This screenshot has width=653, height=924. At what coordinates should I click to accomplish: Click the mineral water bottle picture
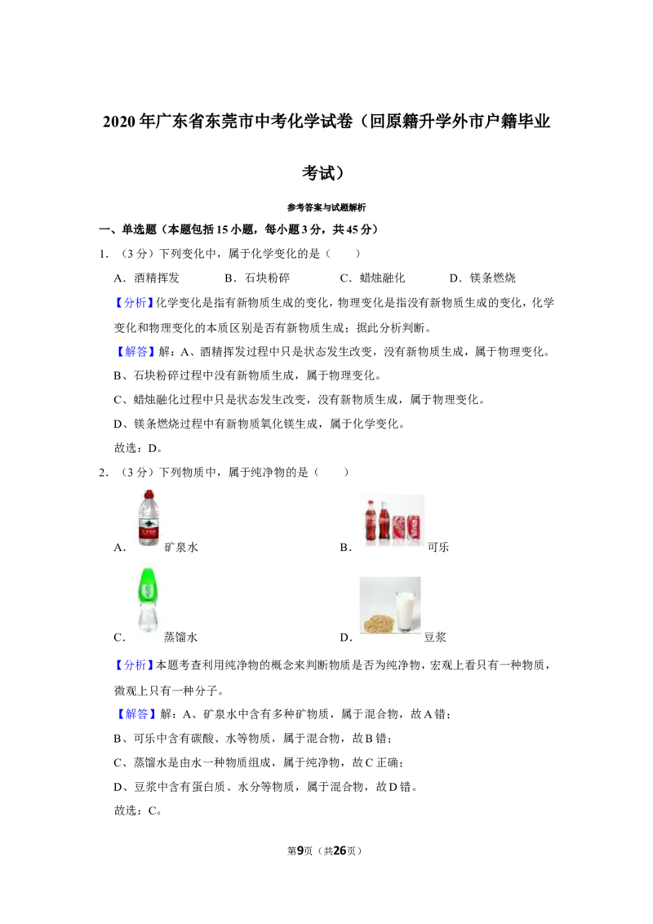click(149, 518)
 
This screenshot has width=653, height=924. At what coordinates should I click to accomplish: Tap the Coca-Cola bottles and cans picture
click(392, 520)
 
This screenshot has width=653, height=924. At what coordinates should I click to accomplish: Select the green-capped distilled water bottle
click(149, 599)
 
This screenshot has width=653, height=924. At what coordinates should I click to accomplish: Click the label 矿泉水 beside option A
click(181, 548)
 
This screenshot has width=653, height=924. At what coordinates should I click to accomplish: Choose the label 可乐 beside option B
click(438, 548)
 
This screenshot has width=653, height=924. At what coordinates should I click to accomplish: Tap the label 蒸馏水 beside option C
click(181, 637)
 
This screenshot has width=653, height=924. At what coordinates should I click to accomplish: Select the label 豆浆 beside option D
click(435, 637)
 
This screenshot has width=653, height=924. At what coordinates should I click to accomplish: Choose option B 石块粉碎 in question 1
click(257, 278)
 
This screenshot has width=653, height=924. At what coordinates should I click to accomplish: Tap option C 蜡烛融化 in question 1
click(372, 278)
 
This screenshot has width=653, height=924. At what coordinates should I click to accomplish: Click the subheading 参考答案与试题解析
click(326, 207)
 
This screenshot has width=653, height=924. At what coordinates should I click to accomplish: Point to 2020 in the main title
click(120, 122)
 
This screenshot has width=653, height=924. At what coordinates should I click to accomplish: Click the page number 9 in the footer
click(300, 851)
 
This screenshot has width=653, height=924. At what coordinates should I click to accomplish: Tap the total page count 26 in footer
click(340, 851)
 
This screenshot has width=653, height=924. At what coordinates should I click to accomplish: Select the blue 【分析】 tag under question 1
click(134, 303)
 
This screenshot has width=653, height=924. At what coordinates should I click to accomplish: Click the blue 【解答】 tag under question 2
click(134, 714)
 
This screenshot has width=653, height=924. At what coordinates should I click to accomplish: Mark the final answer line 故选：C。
click(138, 811)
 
